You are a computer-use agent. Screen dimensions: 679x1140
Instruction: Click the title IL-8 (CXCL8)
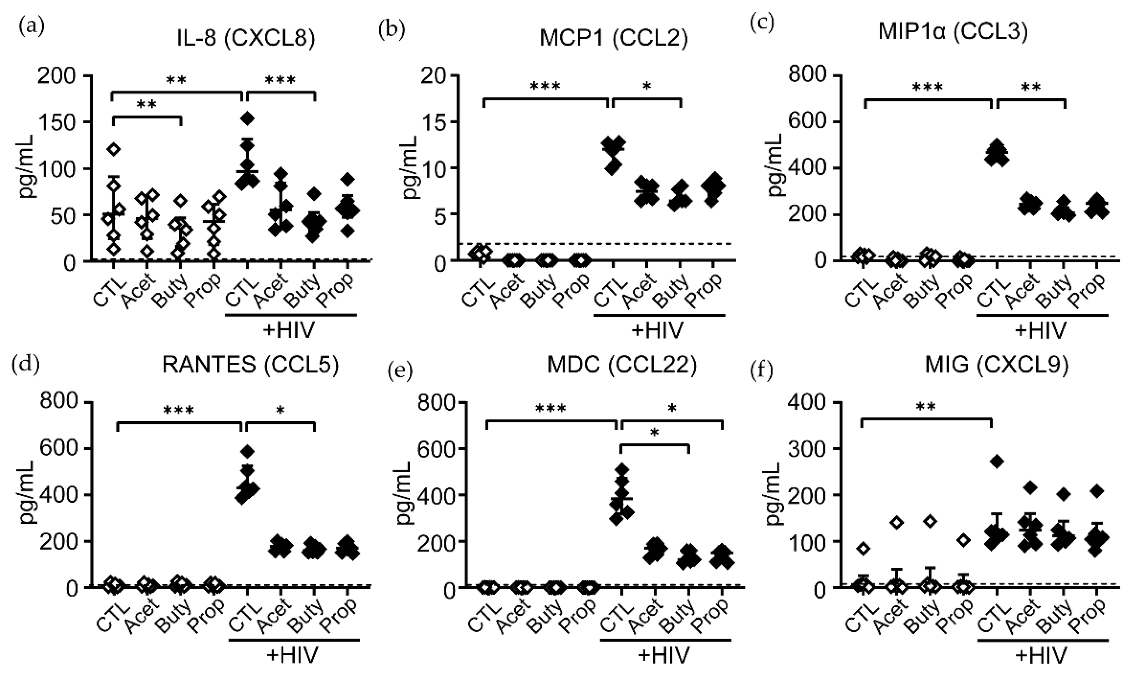pyautogui.click(x=246, y=39)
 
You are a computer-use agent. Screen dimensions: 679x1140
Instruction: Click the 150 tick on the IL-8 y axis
pyautogui.click(x=63, y=122)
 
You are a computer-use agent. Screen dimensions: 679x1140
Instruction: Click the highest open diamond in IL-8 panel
pyautogui.click(x=113, y=149)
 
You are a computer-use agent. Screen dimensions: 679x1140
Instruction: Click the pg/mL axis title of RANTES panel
pyautogui.click(x=25, y=494)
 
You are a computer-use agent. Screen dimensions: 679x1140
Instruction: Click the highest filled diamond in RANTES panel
pyautogui.click(x=248, y=451)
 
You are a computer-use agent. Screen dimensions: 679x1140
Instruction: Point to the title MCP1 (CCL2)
pyautogui.click(x=613, y=39)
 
